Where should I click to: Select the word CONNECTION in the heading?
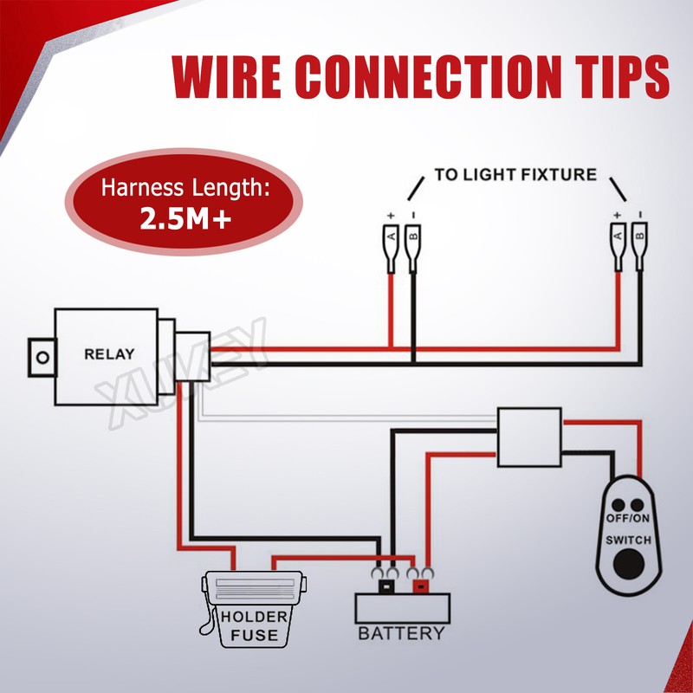[420, 76]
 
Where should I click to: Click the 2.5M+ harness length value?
[185, 219]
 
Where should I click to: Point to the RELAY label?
[108, 353]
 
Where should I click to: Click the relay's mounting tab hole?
[38, 355]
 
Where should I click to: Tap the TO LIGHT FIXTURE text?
[515, 175]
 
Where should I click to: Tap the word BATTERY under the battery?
[401, 633]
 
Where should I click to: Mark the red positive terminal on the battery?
[420, 586]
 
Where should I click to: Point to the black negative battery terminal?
[385, 586]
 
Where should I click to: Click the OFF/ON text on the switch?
[628, 518]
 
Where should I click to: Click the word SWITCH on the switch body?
[628, 540]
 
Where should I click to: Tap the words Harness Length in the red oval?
[186, 187]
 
